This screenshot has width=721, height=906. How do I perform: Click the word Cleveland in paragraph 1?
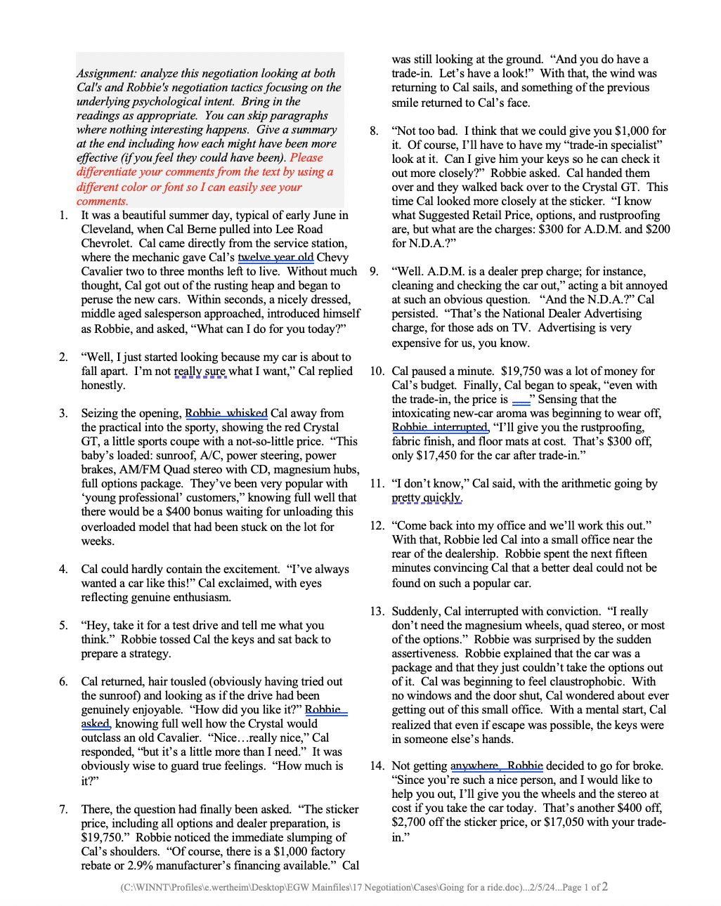(105, 229)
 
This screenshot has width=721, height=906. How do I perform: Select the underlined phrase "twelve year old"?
(275, 257)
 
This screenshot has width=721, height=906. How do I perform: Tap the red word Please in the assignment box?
(306, 157)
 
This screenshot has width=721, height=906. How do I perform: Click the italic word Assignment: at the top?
(107, 73)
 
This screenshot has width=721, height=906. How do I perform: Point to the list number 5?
(63, 625)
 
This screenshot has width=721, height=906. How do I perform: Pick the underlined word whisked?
(247, 413)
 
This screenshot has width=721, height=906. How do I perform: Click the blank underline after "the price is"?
(521, 399)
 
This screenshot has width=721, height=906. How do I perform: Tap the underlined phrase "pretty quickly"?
(427, 497)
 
